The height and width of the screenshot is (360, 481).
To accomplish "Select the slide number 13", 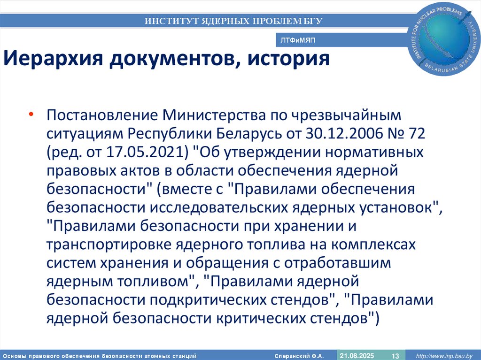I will pos(395,355).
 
